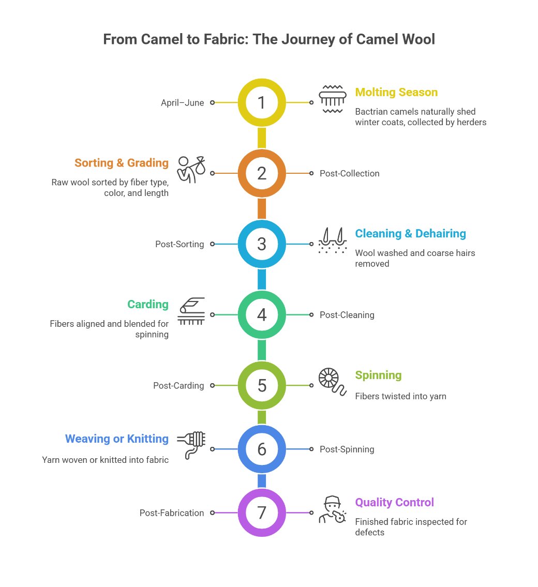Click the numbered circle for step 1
[x=262, y=102]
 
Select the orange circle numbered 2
[x=262, y=173]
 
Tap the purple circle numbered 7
[x=262, y=513]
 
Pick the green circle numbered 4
[x=262, y=314]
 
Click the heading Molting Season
[x=396, y=93]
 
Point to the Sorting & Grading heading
[x=122, y=163]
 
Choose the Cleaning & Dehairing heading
[x=410, y=234]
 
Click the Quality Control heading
[x=394, y=502]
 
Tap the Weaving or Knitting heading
[x=117, y=439]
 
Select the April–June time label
[x=182, y=102]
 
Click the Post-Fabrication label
[x=172, y=513]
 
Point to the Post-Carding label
[x=178, y=385]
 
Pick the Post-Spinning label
[x=347, y=449]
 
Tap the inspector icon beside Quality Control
[x=332, y=509]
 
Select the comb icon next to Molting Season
[x=332, y=98]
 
